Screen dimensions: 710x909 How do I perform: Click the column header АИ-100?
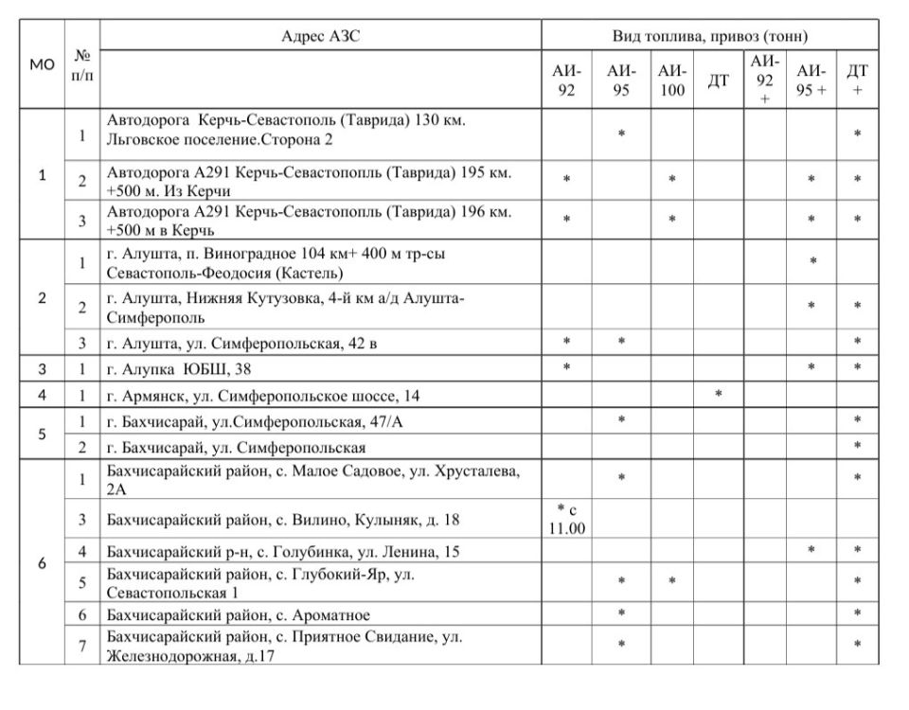[x=671, y=80]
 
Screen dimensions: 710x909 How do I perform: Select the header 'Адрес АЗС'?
[x=321, y=37]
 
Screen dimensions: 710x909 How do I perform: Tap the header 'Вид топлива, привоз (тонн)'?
[x=709, y=37]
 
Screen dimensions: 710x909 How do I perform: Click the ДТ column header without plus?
[x=719, y=80]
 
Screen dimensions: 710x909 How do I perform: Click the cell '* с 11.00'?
[x=566, y=518]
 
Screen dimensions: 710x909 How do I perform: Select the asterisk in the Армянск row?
[x=719, y=393]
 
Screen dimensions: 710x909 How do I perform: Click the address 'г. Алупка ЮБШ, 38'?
[x=179, y=369]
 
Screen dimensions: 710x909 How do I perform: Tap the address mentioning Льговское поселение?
[x=286, y=132]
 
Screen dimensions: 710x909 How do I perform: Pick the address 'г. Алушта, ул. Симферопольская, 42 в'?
[x=241, y=343]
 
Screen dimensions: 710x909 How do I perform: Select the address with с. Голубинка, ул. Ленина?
[x=283, y=551]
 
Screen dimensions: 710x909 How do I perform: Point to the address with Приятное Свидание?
[x=284, y=646]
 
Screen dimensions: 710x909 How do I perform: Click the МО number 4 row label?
[x=42, y=393]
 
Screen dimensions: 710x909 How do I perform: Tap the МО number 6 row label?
[x=42, y=562]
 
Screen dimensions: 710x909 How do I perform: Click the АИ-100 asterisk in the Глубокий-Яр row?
[x=671, y=580]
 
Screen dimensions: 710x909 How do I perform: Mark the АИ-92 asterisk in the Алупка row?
[x=566, y=367]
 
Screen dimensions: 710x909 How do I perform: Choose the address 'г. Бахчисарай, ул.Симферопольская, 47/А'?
[x=255, y=420]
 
